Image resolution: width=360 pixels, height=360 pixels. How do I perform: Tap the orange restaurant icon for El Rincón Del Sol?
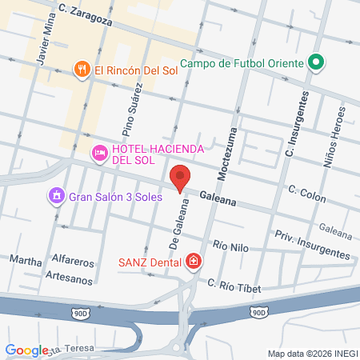pyautogui.click(x=81, y=70)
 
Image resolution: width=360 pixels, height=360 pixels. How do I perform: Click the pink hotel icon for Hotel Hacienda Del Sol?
pyautogui.click(x=100, y=152)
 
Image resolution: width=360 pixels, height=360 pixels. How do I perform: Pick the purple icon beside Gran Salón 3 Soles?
pyautogui.click(x=56, y=196)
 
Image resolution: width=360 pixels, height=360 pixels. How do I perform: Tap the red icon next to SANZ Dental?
pyautogui.click(x=193, y=261)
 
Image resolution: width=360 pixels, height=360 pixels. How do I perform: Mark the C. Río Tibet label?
pyautogui.click(x=234, y=284)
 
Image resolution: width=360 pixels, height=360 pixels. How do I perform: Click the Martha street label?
pyautogui.click(x=24, y=260)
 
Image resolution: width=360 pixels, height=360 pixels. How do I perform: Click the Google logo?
pyautogui.click(x=26, y=350)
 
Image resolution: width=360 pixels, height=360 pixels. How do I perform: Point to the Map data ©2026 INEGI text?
pyautogui.click(x=310, y=353)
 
